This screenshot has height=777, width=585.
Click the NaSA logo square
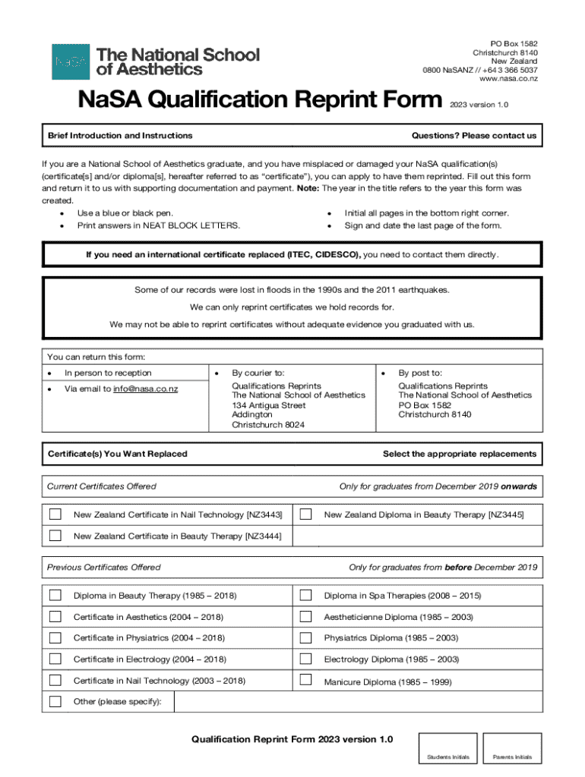click(x=71, y=61)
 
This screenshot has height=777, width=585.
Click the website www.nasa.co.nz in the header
click(x=508, y=79)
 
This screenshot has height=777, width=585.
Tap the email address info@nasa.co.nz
click(x=145, y=389)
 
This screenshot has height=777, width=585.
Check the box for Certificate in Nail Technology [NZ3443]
click(x=55, y=514)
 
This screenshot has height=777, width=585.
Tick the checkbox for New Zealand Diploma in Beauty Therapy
click(x=306, y=514)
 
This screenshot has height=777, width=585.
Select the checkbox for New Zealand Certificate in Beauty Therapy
click(x=55, y=536)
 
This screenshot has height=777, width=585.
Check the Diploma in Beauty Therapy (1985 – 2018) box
click(x=55, y=595)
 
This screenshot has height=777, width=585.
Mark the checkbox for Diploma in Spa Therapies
click(x=306, y=595)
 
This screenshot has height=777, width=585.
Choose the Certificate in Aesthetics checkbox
click(x=55, y=616)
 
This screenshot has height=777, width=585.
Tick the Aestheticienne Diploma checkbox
click(x=306, y=616)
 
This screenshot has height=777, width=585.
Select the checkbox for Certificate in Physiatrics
click(x=55, y=637)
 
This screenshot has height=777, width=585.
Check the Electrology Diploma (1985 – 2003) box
click(x=306, y=659)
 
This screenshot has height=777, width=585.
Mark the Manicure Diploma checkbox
click(x=306, y=680)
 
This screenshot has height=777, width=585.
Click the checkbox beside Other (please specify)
click(x=55, y=701)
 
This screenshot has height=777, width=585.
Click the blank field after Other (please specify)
click(x=357, y=702)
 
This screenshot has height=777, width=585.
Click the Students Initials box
click(x=449, y=747)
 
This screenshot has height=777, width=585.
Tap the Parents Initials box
click(x=512, y=747)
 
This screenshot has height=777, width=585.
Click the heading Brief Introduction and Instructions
click(x=120, y=136)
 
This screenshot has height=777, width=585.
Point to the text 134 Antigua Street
click(x=268, y=405)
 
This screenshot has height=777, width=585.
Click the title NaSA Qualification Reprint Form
click(x=257, y=100)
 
